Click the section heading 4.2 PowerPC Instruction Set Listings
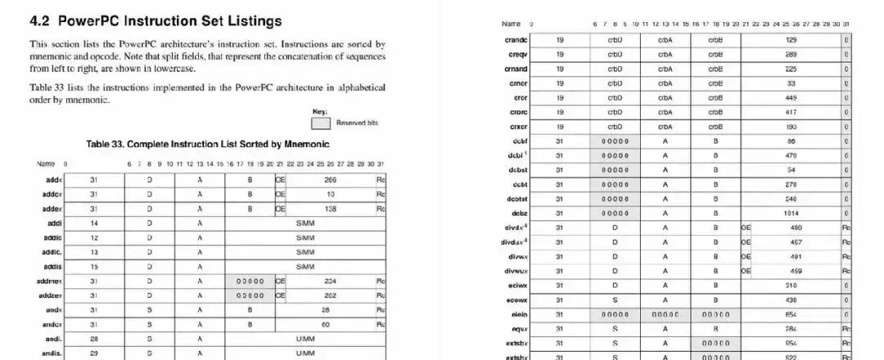(x=156, y=20)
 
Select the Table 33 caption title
(x=208, y=144)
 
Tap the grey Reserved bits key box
(x=321, y=123)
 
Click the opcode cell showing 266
(x=331, y=179)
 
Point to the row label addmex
(x=49, y=281)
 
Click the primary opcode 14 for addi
(x=94, y=223)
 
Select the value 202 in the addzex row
(x=331, y=295)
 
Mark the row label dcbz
(x=519, y=213)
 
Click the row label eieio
(x=518, y=314)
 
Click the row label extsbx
(x=517, y=343)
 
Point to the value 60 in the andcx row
(x=325, y=324)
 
